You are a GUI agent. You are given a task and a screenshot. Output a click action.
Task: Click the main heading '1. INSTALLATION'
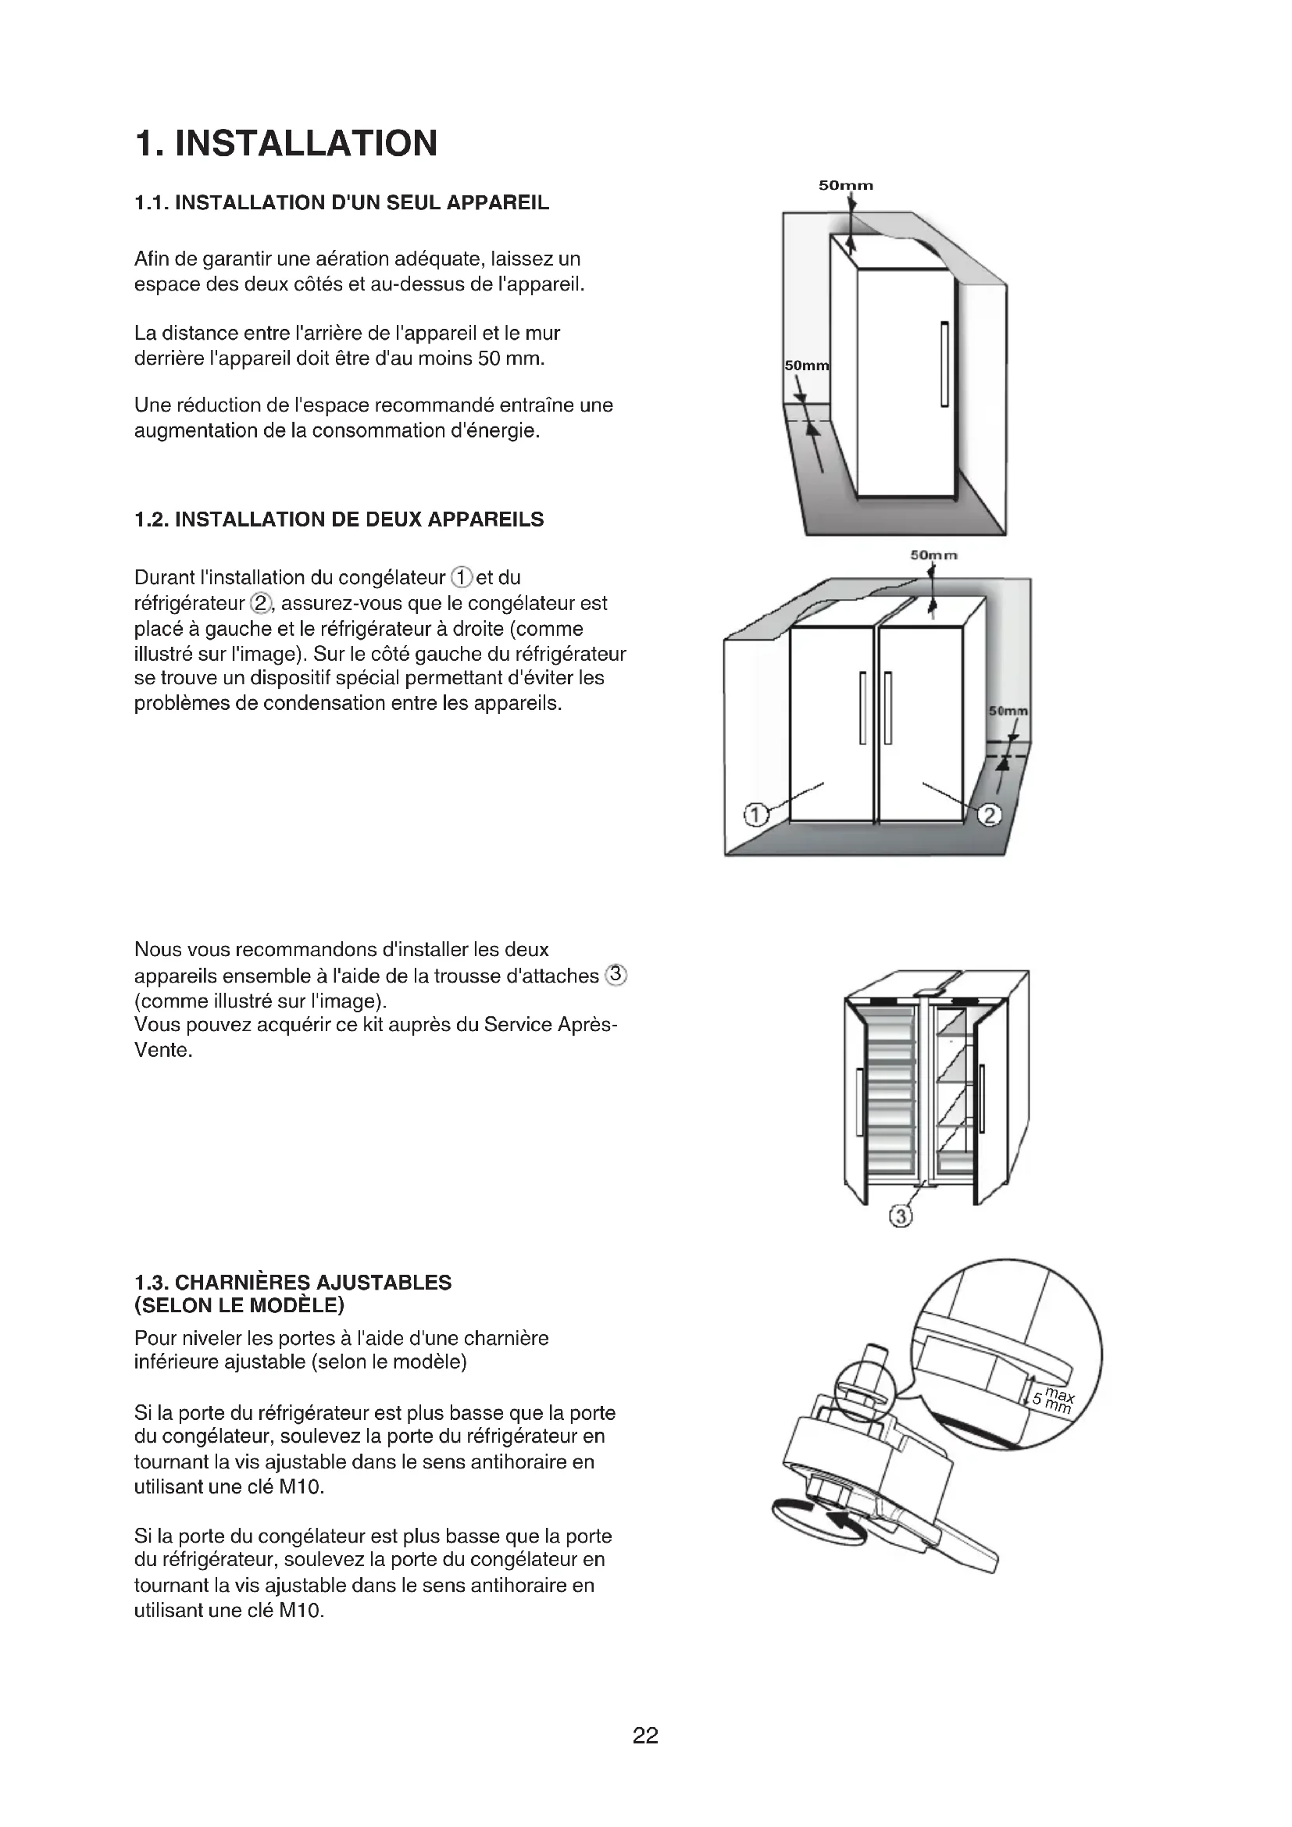[x=287, y=144]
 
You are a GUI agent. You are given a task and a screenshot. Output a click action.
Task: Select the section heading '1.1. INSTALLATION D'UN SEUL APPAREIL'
[x=341, y=203]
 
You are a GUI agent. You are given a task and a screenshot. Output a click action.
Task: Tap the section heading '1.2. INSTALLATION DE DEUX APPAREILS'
[x=339, y=519]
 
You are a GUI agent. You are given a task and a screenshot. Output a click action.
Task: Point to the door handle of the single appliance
[x=944, y=364]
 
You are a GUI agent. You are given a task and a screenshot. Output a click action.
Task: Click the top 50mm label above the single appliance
[x=846, y=185]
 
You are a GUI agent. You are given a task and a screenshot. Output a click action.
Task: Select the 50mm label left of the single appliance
[x=806, y=366]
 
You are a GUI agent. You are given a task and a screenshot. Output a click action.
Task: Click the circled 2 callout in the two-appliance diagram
[x=989, y=815]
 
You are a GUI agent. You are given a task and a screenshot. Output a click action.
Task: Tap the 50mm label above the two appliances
[x=933, y=555]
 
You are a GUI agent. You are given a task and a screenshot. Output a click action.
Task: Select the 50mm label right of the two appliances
[x=1008, y=711]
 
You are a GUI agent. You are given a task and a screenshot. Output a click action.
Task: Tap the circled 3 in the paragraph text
[x=616, y=974]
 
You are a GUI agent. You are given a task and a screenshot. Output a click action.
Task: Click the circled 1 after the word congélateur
[x=462, y=577]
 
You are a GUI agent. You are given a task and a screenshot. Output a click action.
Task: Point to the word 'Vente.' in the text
[x=163, y=1050]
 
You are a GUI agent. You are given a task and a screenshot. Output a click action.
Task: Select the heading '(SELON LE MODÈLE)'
[x=240, y=1305]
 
